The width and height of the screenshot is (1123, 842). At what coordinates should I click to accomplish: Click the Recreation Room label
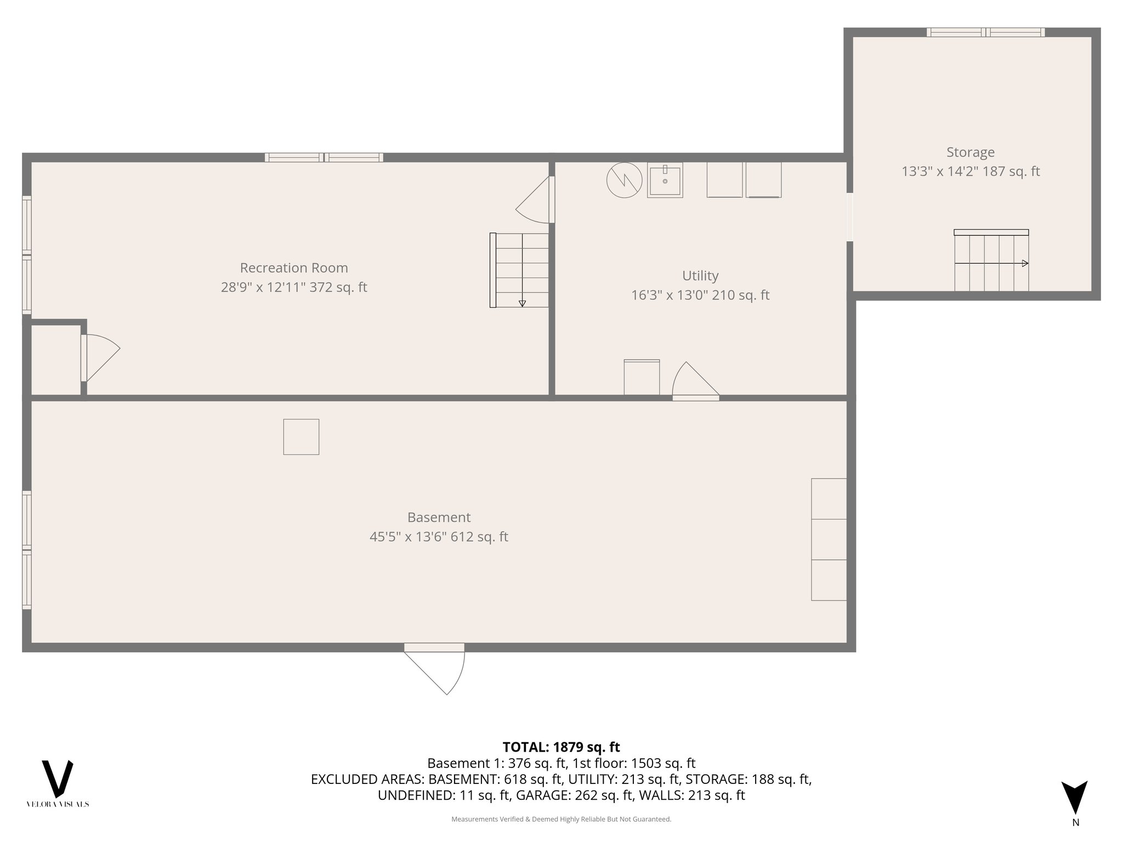294,268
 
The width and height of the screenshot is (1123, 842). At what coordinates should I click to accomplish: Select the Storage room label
970,152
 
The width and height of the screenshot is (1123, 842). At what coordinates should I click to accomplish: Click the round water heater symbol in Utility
624,180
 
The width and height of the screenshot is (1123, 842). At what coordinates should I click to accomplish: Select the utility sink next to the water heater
665,180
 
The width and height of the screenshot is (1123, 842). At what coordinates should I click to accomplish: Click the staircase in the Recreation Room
520,270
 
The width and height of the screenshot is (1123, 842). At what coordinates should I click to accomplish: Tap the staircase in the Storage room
991,261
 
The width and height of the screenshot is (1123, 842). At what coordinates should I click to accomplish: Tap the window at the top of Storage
985,32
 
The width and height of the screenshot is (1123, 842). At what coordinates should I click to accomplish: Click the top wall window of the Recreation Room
324,158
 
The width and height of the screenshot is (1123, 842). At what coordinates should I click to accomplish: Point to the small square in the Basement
301,437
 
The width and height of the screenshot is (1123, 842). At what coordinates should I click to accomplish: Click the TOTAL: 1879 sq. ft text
561,747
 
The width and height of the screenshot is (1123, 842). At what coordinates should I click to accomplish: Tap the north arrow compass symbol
1075,798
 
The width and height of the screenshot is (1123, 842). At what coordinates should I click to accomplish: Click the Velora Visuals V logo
58,778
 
